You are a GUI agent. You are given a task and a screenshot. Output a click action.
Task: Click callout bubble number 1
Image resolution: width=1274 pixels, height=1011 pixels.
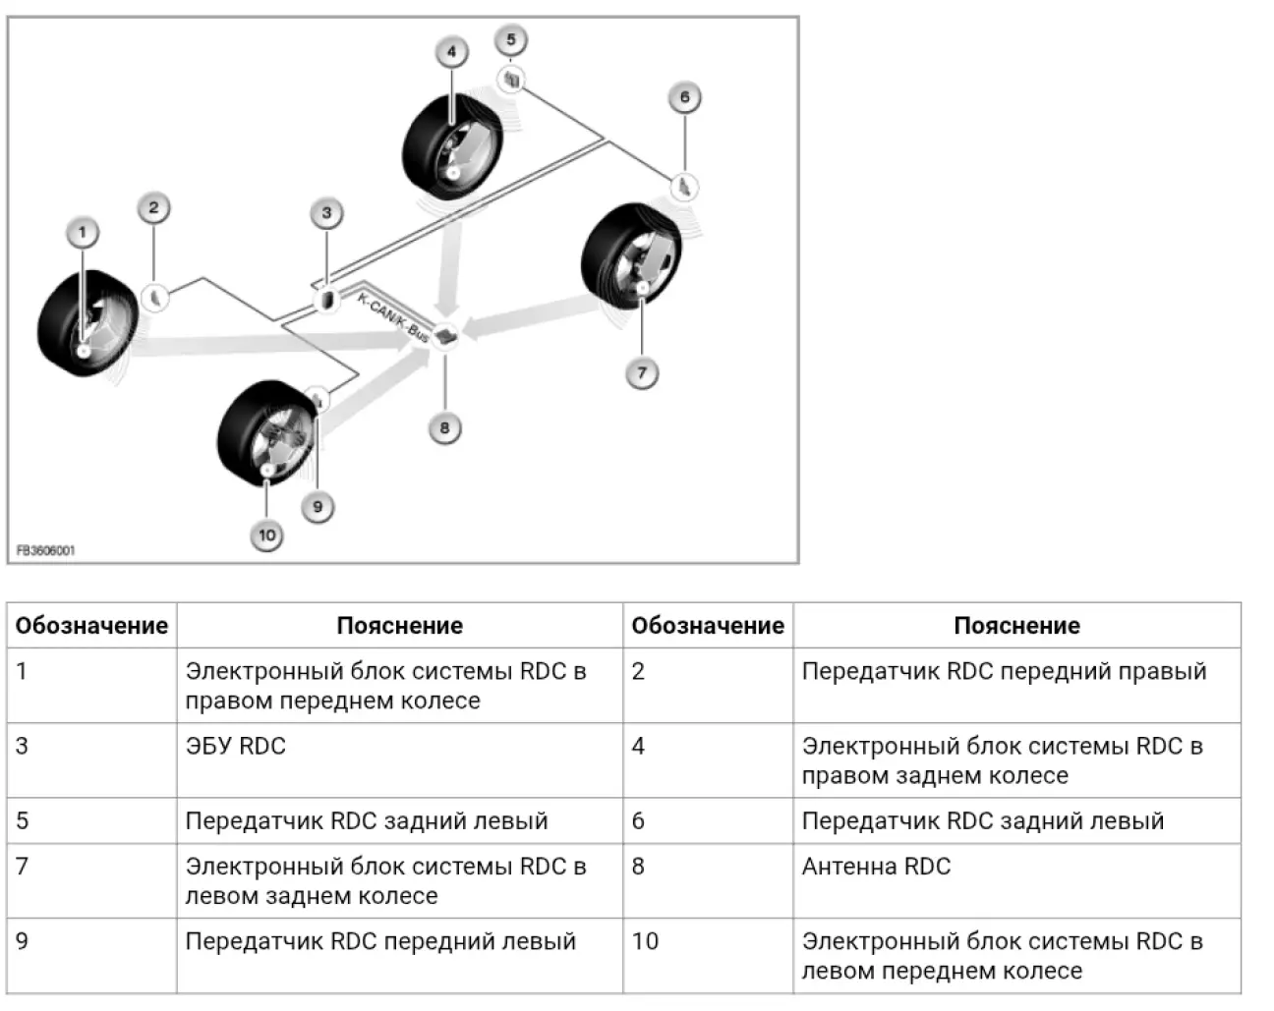coord(83,233)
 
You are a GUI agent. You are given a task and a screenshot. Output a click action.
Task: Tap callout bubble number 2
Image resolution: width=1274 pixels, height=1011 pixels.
coord(153,207)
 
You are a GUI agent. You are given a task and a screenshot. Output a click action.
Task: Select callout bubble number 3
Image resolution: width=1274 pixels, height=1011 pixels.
coord(326,213)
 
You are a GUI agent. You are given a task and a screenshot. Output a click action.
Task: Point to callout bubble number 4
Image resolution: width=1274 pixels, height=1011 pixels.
coord(451,52)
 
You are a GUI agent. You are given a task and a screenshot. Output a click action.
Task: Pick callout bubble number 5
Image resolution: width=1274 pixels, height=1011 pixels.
coord(511,40)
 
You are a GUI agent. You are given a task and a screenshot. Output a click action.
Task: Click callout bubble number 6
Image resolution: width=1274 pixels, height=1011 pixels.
coord(685,97)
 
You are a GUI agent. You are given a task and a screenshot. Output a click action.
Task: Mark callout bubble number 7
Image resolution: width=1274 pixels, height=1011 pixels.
coord(642,373)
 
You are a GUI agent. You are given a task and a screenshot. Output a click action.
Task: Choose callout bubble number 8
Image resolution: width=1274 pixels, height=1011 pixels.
coord(444,427)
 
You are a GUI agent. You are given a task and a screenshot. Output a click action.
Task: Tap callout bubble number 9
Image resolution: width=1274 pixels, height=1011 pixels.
coord(317,507)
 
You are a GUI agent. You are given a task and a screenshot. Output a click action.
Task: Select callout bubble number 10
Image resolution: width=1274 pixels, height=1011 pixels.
coord(266,535)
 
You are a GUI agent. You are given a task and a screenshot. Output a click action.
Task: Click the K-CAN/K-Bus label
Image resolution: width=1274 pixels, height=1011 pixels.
coord(392,316)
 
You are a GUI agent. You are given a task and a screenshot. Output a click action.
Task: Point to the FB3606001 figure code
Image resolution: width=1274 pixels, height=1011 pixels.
coord(45,551)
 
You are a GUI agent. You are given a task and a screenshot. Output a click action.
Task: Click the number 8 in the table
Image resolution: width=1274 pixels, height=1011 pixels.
coord(639,867)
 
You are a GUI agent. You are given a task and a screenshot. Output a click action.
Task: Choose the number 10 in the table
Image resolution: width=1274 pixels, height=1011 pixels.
coord(645,941)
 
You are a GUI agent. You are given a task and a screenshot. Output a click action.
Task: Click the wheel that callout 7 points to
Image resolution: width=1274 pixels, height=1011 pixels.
coord(630,257)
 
